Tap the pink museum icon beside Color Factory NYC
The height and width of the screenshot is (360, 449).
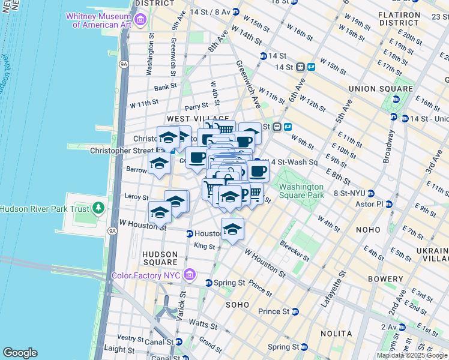point(190,275)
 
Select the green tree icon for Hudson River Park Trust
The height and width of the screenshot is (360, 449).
point(98,209)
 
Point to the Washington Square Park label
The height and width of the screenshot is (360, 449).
point(301,191)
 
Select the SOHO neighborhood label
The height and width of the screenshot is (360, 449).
point(237,305)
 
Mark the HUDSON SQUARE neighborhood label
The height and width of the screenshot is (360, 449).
point(160,258)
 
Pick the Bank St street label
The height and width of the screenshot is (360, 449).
point(164,87)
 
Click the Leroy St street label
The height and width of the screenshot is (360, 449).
point(136,197)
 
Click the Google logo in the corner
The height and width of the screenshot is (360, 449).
point(20,353)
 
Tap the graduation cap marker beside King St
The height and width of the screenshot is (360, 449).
point(232,229)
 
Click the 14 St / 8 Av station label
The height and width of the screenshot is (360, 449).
point(210,12)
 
